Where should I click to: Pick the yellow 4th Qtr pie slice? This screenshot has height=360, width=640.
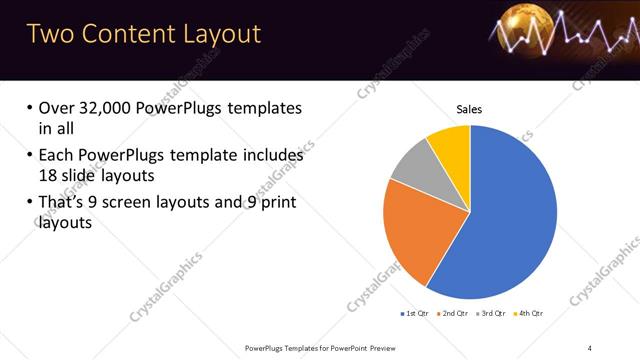[451, 146]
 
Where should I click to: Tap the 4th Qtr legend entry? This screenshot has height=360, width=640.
[529, 314]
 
